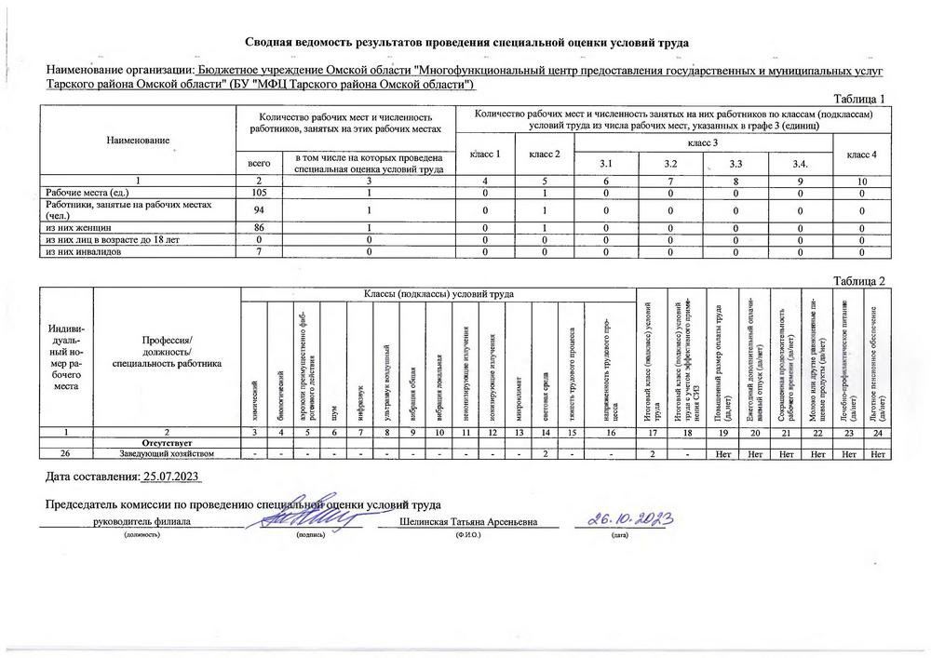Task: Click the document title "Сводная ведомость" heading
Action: coord(466,43)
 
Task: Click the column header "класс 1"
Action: coord(485,153)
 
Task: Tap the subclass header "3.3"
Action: coord(735,165)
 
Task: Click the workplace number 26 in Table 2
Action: coord(65,453)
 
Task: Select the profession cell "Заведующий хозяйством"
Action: coord(167,453)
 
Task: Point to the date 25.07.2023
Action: coord(172,477)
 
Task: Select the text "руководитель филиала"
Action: coord(142,523)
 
